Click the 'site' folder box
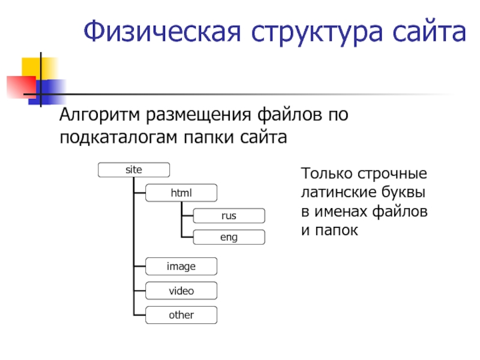pyautogui.click(x=134, y=170)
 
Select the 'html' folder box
pyautogui.click(x=181, y=193)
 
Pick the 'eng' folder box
pyautogui.click(x=229, y=238)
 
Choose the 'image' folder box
pyautogui.click(x=181, y=266)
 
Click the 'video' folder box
pyautogui.click(x=181, y=291)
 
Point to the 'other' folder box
pyautogui.click(x=181, y=314)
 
